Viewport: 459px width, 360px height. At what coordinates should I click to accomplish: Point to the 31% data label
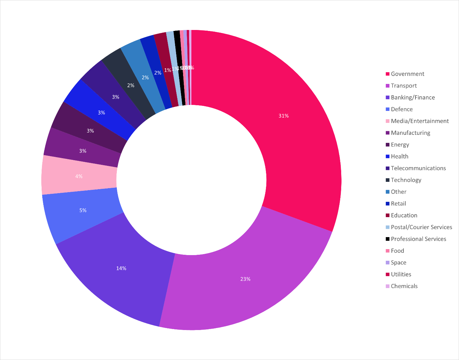pos(284,116)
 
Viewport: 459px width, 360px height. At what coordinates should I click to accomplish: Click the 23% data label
pos(245,279)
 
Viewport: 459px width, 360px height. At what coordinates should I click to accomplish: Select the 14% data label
pos(121,268)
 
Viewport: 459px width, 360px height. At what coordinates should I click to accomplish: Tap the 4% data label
pos(79,177)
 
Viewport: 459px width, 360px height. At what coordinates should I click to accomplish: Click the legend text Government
pos(407,74)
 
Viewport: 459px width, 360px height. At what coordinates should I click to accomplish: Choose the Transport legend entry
pos(404,86)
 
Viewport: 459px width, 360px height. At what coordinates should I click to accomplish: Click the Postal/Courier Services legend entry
pos(421,227)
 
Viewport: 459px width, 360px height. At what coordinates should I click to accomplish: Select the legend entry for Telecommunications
pos(418,168)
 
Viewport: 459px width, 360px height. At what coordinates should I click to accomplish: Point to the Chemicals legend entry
pos(404,286)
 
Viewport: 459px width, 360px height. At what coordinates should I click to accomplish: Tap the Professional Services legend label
pos(418,239)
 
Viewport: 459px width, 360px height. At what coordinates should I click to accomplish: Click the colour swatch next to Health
pos(387,157)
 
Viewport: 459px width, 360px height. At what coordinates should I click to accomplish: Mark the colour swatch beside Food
pos(387,251)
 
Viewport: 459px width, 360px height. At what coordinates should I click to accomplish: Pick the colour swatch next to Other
pos(387,192)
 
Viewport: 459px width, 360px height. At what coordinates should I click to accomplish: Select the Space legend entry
pos(398,262)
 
